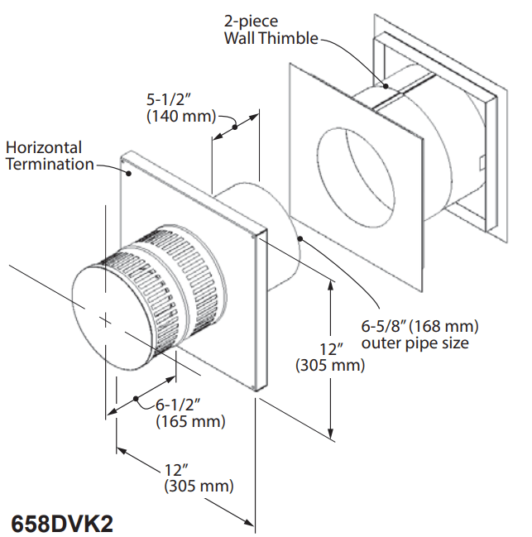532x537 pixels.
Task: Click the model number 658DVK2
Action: point(62,523)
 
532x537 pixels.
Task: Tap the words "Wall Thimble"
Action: point(271,38)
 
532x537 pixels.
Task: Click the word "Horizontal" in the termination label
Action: point(44,147)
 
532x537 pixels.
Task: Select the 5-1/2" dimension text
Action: point(168,99)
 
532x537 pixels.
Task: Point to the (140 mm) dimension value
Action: point(181,116)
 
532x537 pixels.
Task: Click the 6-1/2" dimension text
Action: point(178,405)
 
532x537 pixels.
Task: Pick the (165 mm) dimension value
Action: point(190,421)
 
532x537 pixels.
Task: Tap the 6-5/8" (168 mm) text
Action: point(420,326)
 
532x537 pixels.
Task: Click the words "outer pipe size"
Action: point(415,343)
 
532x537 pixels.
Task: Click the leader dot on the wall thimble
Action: point(386,86)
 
